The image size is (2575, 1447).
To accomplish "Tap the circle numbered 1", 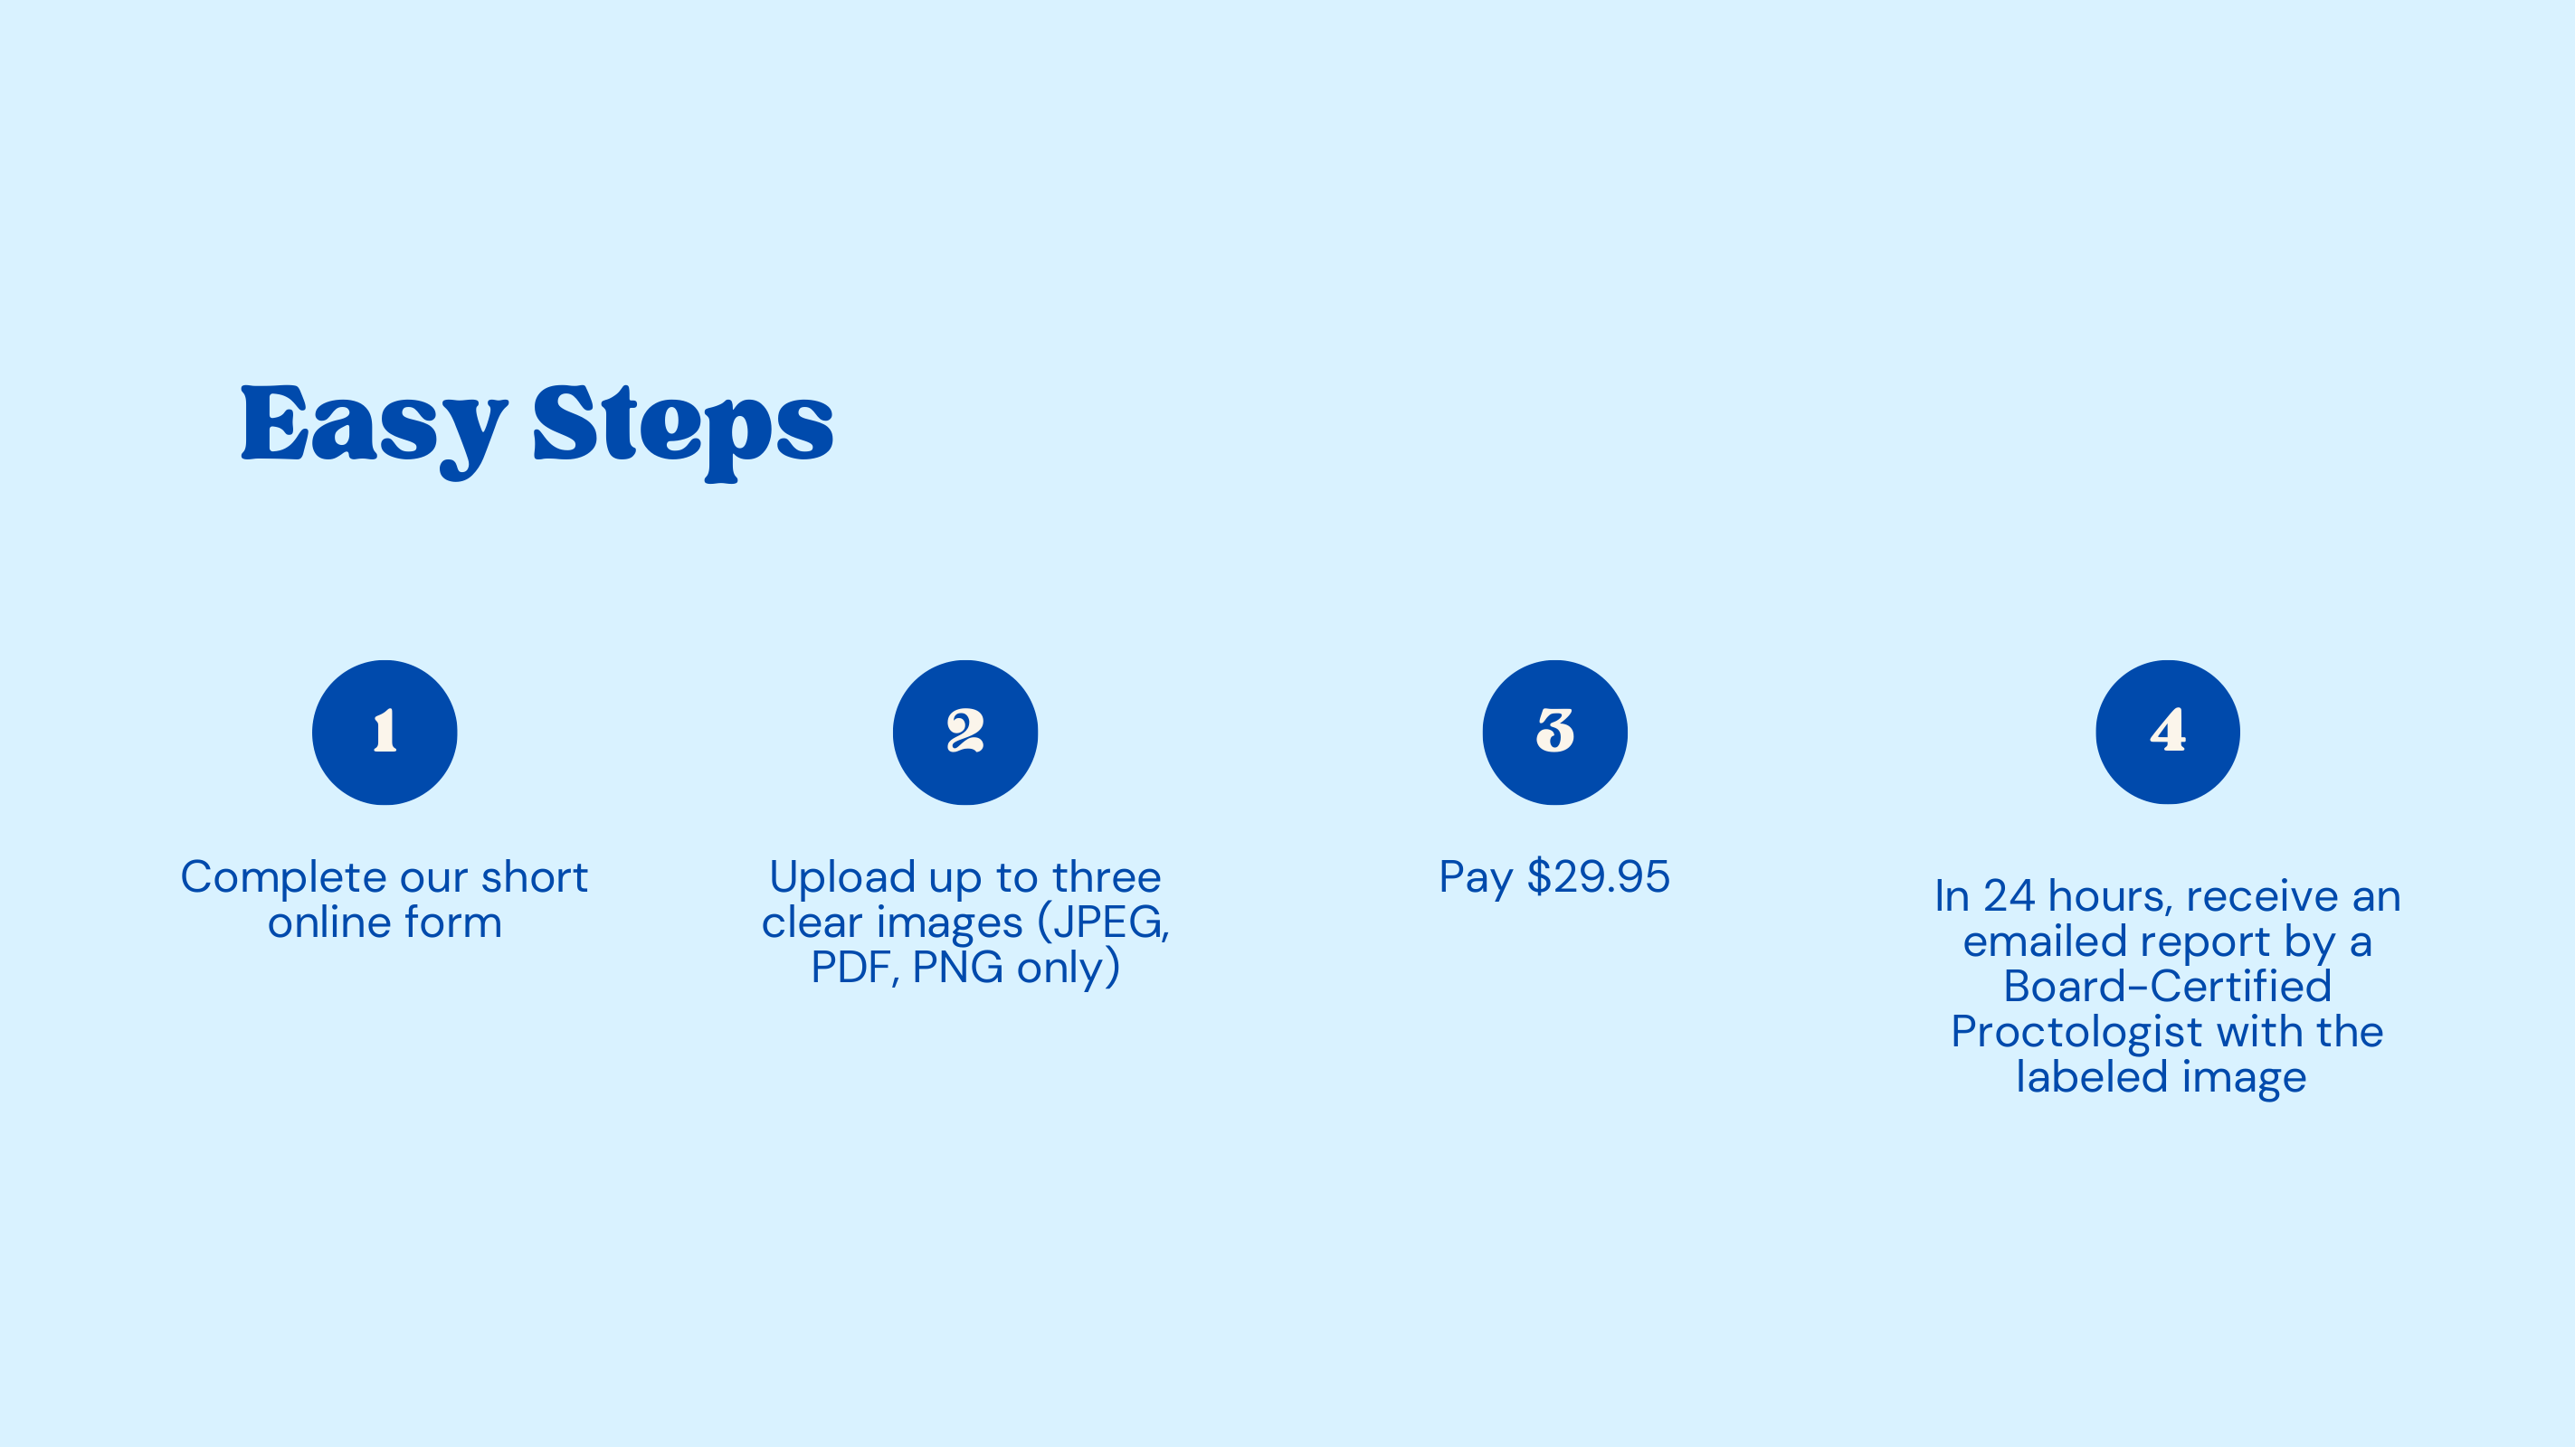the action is pyautogui.click(x=385, y=733).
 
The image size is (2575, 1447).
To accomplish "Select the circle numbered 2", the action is pyautogui.click(x=965, y=733).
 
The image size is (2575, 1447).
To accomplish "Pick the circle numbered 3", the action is pyautogui.click(x=1554, y=733).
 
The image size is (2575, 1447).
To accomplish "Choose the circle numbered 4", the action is pyautogui.click(x=2167, y=733).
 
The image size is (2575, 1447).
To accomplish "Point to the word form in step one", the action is pyautogui.click(x=451, y=922).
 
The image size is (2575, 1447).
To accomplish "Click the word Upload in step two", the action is pyautogui.click(x=841, y=878).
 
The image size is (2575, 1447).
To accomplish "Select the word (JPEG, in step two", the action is pyautogui.click(x=1104, y=922).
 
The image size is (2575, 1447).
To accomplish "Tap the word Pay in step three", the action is pyautogui.click(x=1476, y=878).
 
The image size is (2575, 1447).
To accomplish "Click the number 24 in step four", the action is pyautogui.click(x=2009, y=896).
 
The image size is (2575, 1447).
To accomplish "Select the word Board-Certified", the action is pyautogui.click(x=2167, y=987).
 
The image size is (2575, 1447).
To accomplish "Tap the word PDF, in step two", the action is pyautogui.click(x=856, y=968).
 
